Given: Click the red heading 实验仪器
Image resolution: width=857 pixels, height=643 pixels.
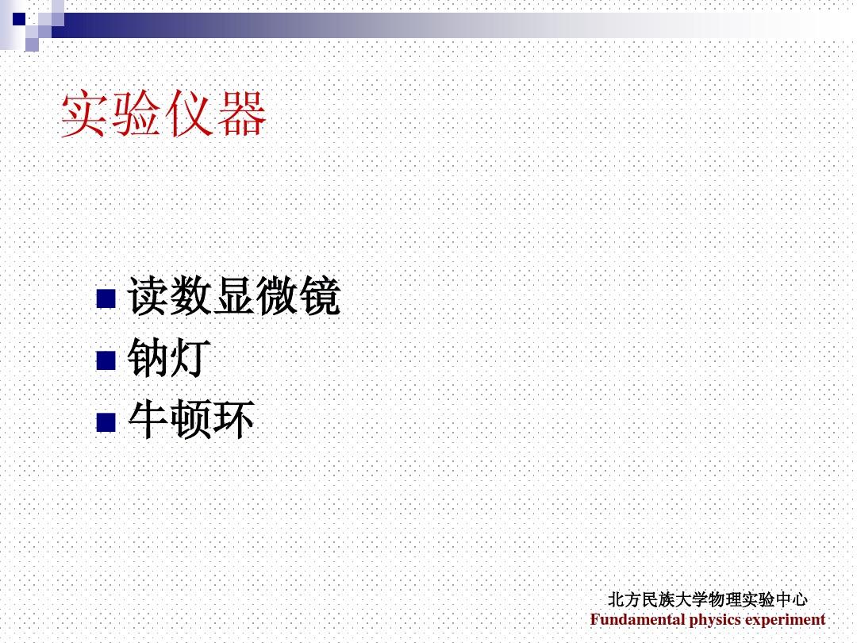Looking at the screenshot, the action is click(163, 114).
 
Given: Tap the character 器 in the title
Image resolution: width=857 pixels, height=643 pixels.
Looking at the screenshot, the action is click(241, 114).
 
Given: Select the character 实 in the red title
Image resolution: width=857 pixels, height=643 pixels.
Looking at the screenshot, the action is click(85, 114).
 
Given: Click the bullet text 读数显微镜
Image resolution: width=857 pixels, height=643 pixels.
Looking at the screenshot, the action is click(234, 296).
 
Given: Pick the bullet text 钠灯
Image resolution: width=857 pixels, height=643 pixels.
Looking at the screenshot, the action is click(169, 357).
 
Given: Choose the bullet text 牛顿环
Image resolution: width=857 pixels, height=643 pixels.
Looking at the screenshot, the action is click(191, 419).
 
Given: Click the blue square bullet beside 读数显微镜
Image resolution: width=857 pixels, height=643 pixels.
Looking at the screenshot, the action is click(106, 298).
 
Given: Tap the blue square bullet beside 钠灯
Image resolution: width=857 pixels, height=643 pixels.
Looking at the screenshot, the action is click(106, 360).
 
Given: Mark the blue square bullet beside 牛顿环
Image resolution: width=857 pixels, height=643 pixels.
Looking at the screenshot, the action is click(106, 422).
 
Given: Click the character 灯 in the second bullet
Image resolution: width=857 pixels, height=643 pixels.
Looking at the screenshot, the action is click(190, 357).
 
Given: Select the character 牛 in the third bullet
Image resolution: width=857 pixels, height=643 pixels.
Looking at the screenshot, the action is click(148, 419).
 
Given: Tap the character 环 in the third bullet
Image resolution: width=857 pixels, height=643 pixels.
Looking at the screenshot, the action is click(234, 419).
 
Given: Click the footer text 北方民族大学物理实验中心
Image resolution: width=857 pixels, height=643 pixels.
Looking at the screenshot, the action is click(707, 599).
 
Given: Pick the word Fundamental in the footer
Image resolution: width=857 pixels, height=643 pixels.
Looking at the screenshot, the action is click(637, 619).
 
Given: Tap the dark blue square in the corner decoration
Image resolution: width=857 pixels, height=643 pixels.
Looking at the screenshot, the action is click(19, 19).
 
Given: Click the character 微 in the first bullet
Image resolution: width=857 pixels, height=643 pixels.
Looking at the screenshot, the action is click(278, 296).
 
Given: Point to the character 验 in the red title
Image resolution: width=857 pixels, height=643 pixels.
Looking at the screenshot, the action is click(136, 114).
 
